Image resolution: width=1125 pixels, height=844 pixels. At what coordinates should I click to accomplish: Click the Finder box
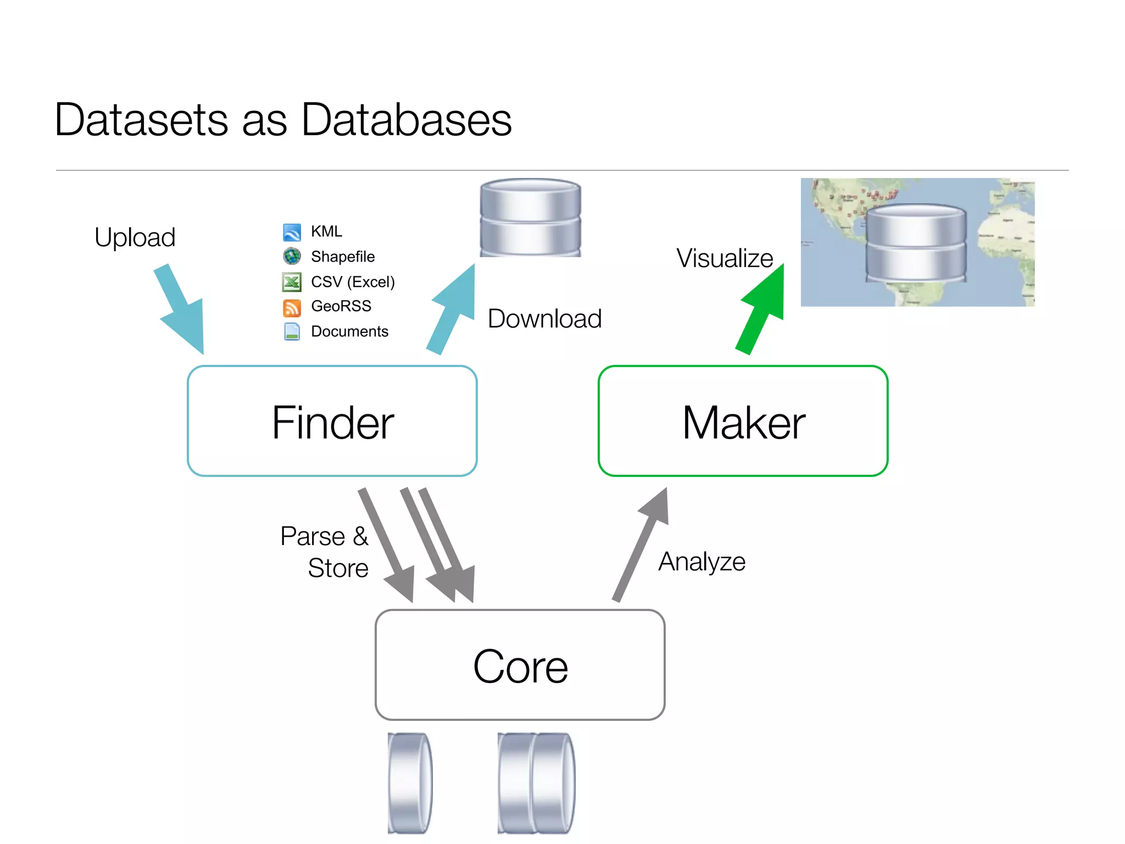pos(332,421)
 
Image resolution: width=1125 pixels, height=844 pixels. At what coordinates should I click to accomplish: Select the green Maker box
pos(743,421)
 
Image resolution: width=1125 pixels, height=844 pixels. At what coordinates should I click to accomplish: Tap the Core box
pos(520,665)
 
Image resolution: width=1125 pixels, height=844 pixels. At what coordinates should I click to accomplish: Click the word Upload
pos(135,237)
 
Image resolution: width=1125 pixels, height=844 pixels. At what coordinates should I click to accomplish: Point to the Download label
pos(544,319)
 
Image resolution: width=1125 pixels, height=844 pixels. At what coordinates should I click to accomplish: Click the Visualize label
pos(724,258)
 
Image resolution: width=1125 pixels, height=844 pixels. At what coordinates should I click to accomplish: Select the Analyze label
pos(701,562)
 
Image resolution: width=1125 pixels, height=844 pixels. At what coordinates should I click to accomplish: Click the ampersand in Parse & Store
pos(360,536)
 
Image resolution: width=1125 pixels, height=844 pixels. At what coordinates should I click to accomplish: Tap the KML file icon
pos(292,232)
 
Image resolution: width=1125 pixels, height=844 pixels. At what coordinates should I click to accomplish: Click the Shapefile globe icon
pos(292,256)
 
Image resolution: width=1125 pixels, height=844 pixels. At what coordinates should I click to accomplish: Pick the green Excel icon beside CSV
pos(292,282)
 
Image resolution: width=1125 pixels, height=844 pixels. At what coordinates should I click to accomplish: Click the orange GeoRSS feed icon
pos(292,307)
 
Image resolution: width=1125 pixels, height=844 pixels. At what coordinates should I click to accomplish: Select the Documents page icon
pos(292,331)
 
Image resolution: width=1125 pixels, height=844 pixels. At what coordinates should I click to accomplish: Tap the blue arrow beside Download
pos(453,309)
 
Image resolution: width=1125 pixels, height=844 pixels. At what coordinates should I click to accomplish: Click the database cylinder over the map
pos(916,243)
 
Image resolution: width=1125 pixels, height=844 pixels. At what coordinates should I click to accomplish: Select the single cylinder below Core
pos(410,782)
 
